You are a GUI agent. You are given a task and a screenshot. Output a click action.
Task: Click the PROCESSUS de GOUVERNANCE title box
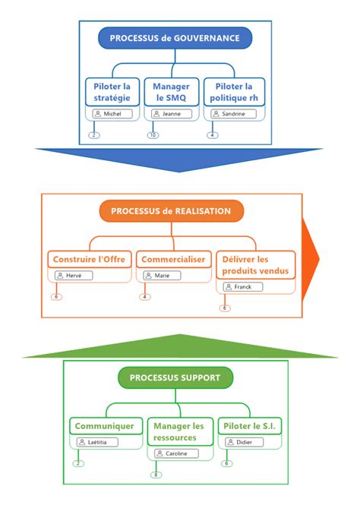175,38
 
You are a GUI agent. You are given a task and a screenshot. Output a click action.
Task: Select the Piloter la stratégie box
112,92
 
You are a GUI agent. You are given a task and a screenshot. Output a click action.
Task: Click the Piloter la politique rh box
234,92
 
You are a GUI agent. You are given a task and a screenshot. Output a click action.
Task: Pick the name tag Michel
112,114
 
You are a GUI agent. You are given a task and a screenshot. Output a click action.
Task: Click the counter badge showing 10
153,135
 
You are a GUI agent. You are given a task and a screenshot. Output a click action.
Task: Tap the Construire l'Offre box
90,259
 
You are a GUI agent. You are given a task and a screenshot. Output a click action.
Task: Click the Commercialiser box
173,259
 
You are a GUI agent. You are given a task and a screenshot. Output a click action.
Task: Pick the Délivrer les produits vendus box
255,264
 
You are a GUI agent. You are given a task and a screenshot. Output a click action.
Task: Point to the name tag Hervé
73,276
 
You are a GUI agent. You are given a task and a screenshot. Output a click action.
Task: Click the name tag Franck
243,287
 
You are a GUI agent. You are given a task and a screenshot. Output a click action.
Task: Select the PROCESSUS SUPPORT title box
175,377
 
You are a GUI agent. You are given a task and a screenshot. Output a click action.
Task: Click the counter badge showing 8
156,475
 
